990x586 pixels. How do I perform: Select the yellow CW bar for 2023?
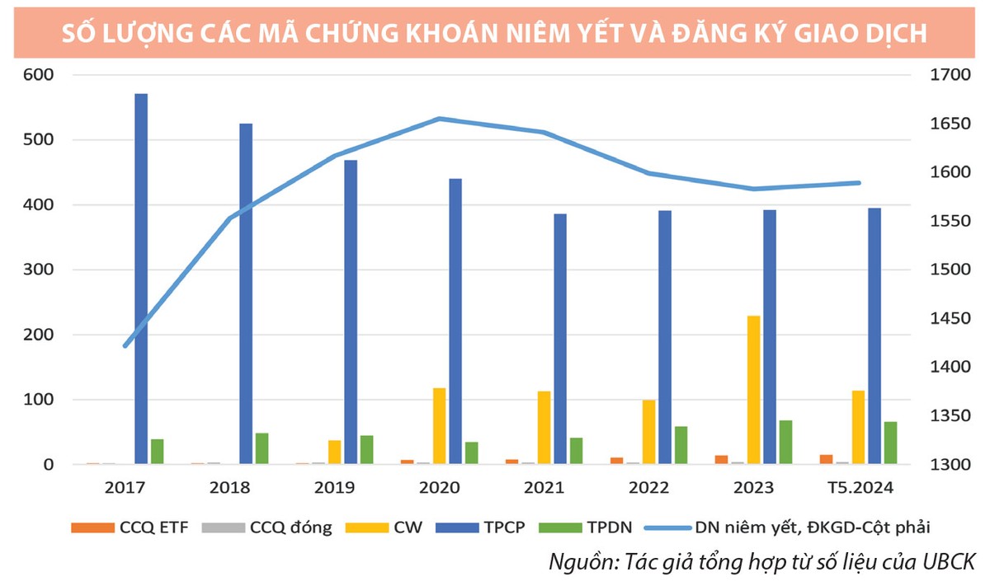coord(753,390)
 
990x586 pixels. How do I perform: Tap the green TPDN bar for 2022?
coord(681,445)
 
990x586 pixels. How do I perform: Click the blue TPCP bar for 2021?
coord(560,339)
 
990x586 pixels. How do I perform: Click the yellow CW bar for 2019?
coord(334,452)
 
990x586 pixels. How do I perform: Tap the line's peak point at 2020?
coord(440,119)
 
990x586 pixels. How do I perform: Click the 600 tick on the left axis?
coord(36,75)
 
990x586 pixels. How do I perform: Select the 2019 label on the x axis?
coord(334,489)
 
